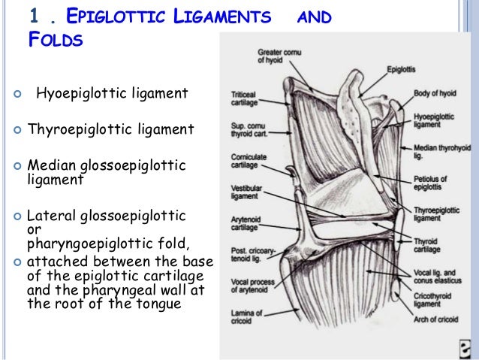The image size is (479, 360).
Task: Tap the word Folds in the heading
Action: (54, 40)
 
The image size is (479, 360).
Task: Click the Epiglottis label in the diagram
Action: (402, 69)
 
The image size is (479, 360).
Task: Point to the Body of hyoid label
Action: (435, 93)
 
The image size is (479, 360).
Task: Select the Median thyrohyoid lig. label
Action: (438, 153)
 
